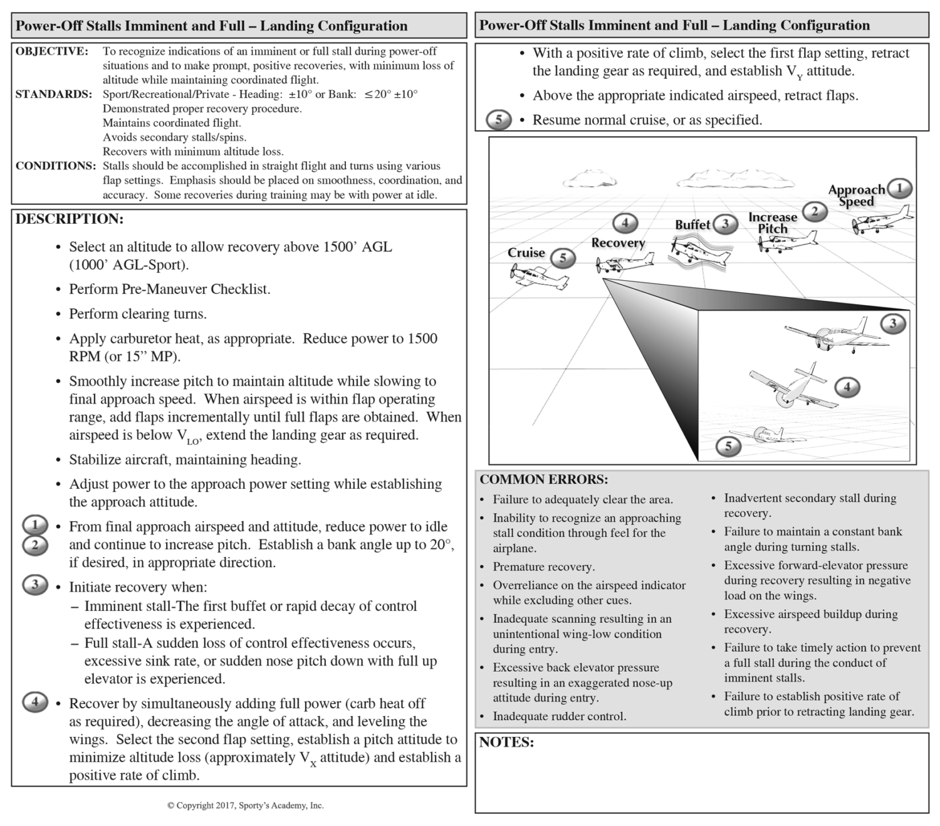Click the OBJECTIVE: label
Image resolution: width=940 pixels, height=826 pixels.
pos(51,51)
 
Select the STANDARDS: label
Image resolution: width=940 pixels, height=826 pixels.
pos(53,95)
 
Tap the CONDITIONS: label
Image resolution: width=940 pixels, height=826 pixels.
pos(55,166)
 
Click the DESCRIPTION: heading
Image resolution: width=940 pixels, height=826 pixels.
pos(69,219)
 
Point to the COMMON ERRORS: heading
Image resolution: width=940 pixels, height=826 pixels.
pos(543,480)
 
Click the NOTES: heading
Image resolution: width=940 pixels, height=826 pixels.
pos(506,743)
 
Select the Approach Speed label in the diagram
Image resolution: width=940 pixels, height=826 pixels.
pos(856,195)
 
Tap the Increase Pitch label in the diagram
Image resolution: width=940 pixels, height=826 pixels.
pos(772,222)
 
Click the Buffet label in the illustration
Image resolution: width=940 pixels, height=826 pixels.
pos(692,224)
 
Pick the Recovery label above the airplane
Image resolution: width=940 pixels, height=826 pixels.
pos(618,243)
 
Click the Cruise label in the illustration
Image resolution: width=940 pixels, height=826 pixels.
pos(526,253)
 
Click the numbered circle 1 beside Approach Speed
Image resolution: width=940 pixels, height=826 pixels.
pos(900,188)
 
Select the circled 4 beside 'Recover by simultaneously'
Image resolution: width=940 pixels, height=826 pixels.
pos(35,702)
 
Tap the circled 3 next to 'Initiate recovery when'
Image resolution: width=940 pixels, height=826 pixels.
pos(35,585)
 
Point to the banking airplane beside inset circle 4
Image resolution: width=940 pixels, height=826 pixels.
pos(793,386)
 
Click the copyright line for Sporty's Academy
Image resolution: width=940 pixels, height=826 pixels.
pos(245,805)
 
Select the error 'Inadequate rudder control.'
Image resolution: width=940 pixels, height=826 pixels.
pos(559,716)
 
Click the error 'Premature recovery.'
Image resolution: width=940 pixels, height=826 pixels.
pos(543,567)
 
